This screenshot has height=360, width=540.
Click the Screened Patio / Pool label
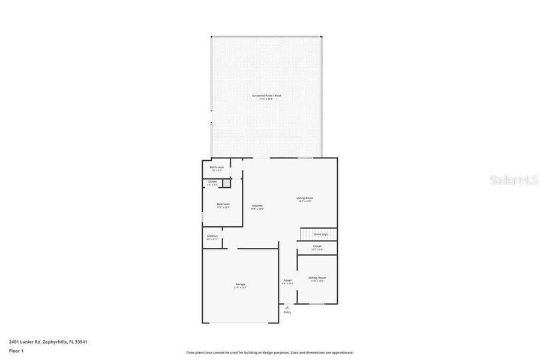click(x=266, y=96)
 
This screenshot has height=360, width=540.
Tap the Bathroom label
click(x=217, y=167)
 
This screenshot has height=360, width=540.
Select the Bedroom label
click(x=223, y=205)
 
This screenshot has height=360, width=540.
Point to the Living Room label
click(x=305, y=199)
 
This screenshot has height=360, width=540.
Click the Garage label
click(x=240, y=284)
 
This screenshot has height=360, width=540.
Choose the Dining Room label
click(x=317, y=278)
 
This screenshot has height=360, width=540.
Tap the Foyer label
click(x=288, y=281)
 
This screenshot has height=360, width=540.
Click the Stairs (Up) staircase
click(x=318, y=234)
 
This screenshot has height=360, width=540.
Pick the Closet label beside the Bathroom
click(x=212, y=182)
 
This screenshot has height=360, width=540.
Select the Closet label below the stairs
click(x=317, y=247)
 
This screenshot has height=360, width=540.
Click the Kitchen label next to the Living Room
click(x=257, y=206)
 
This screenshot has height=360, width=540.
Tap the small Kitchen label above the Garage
click(x=212, y=237)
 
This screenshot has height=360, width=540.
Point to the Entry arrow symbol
click(x=287, y=307)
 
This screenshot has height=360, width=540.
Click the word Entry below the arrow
click(x=287, y=312)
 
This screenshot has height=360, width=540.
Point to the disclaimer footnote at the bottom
click(x=269, y=353)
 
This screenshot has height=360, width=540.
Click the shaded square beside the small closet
click(x=227, y=183)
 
